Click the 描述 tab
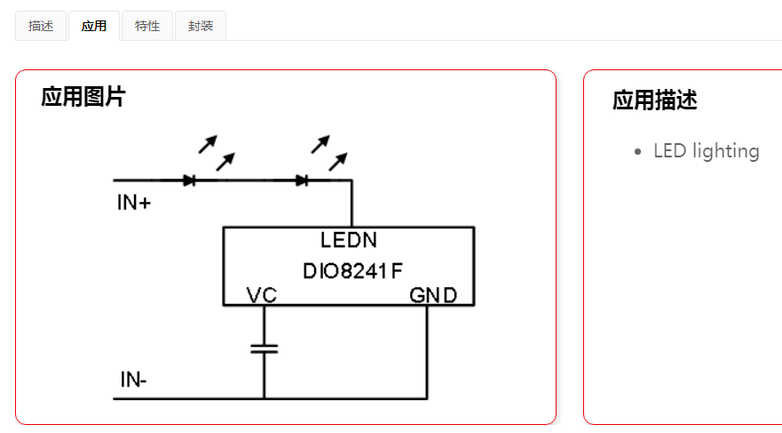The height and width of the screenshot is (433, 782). [x=41, y=26]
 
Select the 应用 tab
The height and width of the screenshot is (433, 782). [x=94, y=26]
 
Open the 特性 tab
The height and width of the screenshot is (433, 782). [x=147, y=26]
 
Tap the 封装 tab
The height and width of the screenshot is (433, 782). [x=201, y=26]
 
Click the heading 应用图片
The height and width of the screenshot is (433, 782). [x=83, y=97]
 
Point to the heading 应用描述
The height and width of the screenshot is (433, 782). [x=654, y=100]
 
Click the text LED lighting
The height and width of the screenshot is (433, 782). [x=706, y=151]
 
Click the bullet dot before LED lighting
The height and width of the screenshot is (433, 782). [x=638, y=152]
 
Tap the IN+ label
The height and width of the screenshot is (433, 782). [x=134, y=203]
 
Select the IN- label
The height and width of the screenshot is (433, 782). [x=134, y=381]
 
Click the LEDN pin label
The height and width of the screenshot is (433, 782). [x=349, y=240]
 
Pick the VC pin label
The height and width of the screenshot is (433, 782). [x=262, y=295]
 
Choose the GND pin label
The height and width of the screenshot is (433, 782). [x=433, y=295]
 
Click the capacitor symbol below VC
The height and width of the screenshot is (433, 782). [x=264, y=348]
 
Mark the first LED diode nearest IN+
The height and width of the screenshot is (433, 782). [x=189, y=180]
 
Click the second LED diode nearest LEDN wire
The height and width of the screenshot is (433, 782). [x=302, y=180]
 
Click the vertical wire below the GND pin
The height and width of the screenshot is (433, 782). [x=428, y=351]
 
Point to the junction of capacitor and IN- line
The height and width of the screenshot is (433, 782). [x=264, y=398]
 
